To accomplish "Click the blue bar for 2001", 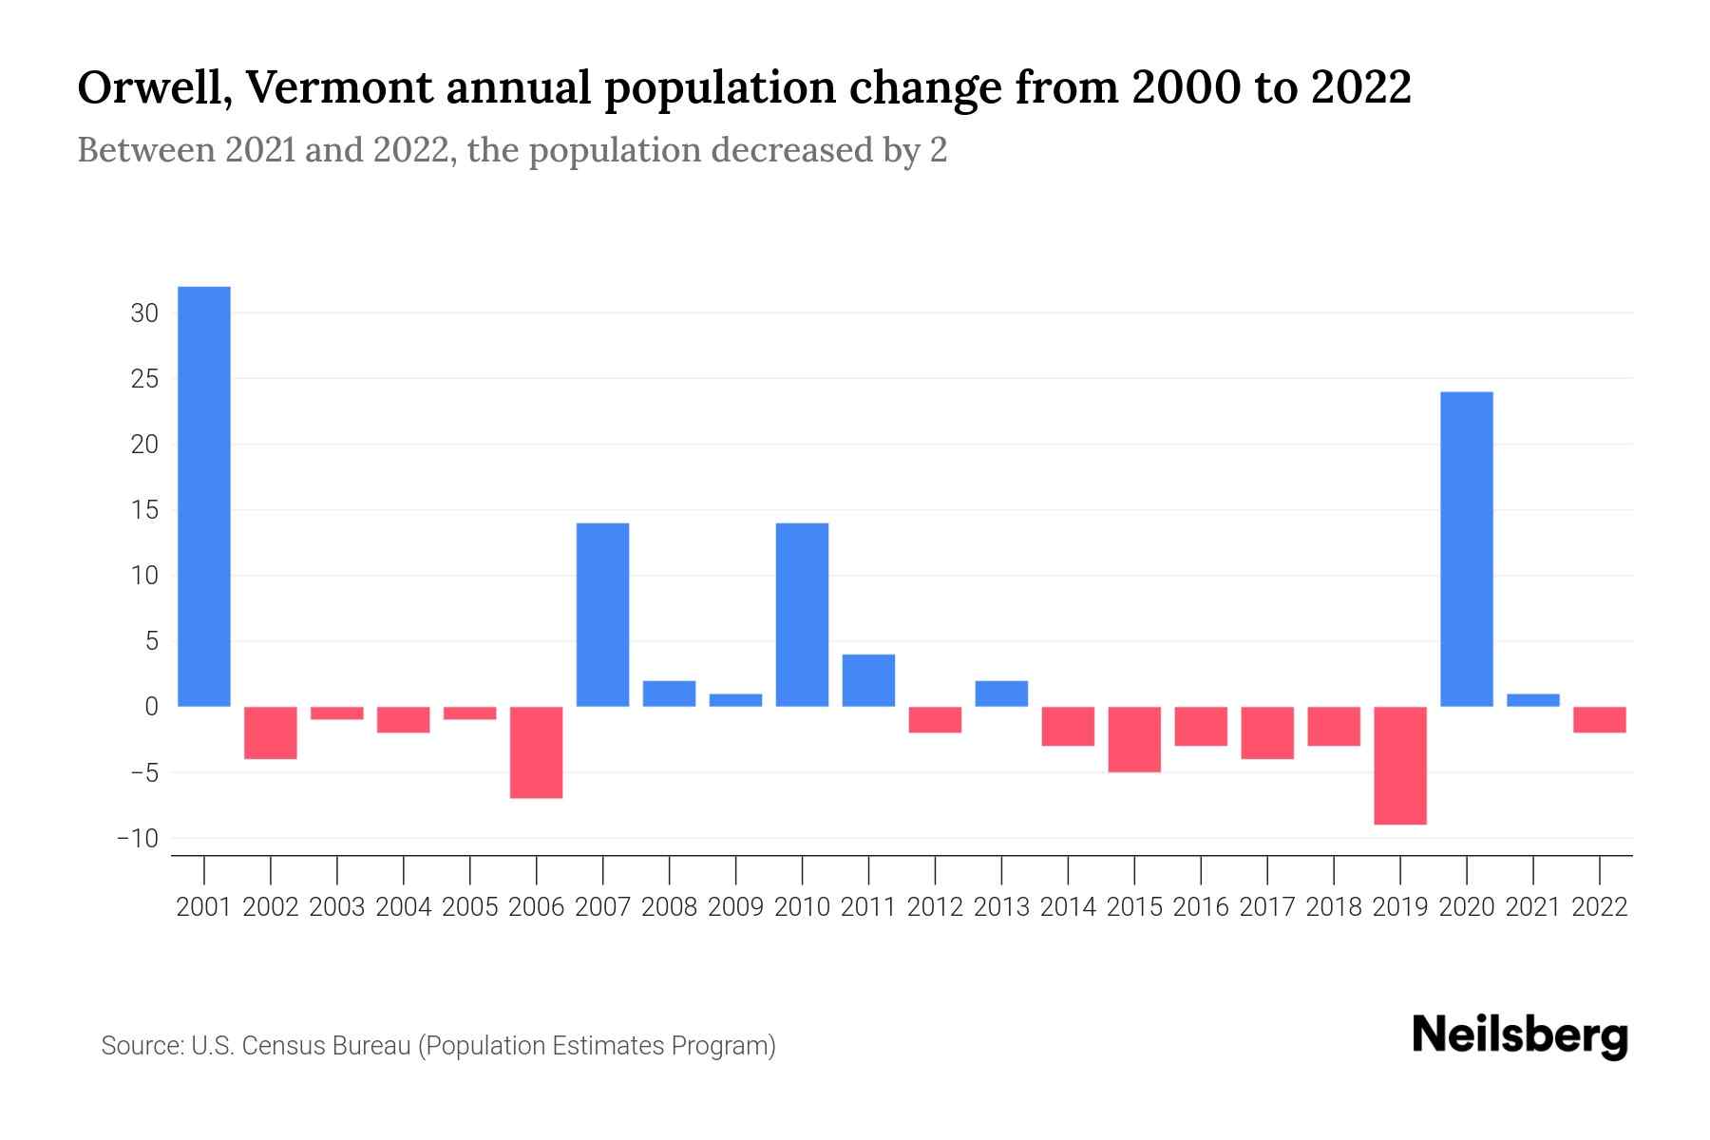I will [203, 496].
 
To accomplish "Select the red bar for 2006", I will [536, 752].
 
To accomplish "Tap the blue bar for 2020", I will [1466, 549].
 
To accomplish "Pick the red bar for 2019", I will [1399, 766].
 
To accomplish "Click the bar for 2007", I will [602, 615].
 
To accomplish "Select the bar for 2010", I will [802, 615].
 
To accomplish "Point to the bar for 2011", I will [868, 680].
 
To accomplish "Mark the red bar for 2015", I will [1133, 739].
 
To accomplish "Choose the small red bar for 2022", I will [1599, 719].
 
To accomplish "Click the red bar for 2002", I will [271, 732].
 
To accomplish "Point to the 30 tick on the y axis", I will [144, 313].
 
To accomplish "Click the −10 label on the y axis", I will [137, 839].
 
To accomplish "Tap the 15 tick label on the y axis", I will [144, 510].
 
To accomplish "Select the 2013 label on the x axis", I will [1001, 907].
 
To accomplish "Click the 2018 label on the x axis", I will [1333, 907].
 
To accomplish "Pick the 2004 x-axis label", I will [403, 907].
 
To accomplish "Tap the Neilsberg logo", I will [1520, 1035].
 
